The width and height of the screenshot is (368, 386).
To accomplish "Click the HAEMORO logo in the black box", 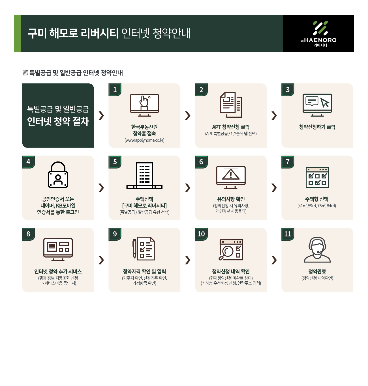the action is pos(318,34).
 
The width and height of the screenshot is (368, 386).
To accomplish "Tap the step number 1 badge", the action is pos(115,90).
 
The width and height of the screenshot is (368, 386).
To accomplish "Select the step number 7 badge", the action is pos(288,162).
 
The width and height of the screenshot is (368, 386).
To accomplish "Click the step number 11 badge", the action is pos(288,234).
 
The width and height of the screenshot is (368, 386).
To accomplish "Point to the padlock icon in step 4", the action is pos(58,174).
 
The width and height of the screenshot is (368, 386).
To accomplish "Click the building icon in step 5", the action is pos(144,175).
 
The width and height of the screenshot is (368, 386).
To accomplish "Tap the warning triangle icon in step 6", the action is pos(231,174).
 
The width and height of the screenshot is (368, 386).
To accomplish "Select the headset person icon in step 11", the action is pos(317,250).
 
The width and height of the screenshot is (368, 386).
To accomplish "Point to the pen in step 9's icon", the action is pos(134,248).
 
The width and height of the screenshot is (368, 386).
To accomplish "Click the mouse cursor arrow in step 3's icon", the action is pos(325,102).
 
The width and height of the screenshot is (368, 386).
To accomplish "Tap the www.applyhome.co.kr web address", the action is pos(144,140).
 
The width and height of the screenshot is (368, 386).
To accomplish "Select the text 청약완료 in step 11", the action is pos(317,271).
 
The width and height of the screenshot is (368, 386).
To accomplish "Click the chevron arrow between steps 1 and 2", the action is pos(187,115).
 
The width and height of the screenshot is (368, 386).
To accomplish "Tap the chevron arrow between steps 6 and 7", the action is pos(274,188).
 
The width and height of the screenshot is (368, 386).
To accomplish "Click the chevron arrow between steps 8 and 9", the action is pos(101,260).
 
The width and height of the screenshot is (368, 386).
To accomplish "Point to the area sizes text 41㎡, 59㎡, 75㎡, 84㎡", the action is pos(317,206).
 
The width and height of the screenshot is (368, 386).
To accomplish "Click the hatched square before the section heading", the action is pos(25,73).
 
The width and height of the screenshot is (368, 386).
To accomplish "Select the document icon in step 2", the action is pos(231,105).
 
